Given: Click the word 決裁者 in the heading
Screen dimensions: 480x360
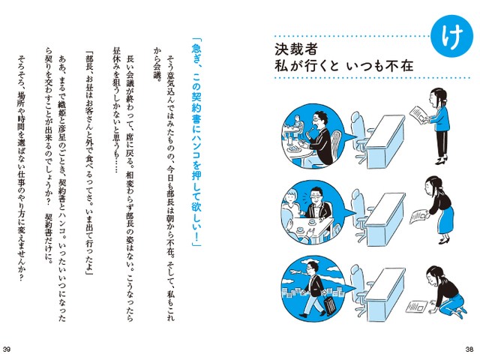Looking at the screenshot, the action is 296,50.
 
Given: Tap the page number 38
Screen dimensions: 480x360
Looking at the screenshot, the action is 469,349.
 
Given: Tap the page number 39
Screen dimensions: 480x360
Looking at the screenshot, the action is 7,349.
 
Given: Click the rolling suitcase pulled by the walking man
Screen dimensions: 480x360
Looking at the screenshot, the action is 330,305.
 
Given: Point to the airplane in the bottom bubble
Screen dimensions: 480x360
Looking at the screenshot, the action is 295,272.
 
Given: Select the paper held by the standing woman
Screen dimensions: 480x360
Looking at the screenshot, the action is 418,115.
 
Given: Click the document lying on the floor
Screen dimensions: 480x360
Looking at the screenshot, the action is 417,307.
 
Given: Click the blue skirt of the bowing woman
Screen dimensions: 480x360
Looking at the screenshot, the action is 445,218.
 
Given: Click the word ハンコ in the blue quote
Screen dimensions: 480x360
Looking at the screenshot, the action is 196,147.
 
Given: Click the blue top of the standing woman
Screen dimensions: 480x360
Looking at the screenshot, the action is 442,118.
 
